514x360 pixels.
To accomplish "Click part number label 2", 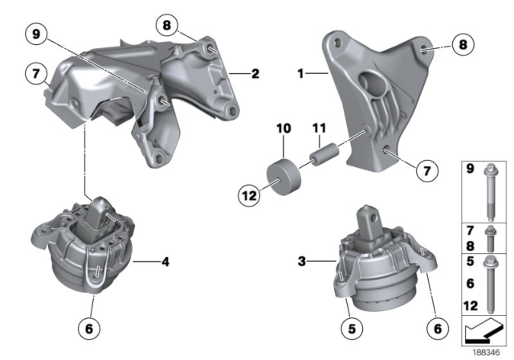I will (x=255, y=75).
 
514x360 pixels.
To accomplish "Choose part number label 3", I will (x=302, y=260).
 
